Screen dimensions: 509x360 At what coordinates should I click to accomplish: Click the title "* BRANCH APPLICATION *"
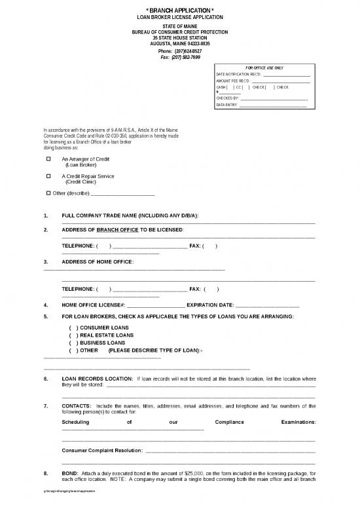[x=179, y=10]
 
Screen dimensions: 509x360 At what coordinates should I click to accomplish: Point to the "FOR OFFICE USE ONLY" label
[x=264, y=68]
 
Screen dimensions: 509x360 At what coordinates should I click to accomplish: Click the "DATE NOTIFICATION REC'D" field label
[x=238, y=74]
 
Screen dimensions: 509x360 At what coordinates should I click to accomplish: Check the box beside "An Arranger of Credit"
[x=48, y=159]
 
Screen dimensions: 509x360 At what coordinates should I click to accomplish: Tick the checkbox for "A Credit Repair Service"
[x=48, y=176]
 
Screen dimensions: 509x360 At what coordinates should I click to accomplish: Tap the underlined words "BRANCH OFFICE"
[x=117, y=229]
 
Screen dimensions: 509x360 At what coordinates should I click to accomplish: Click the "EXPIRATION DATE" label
[x=210, y=305]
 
